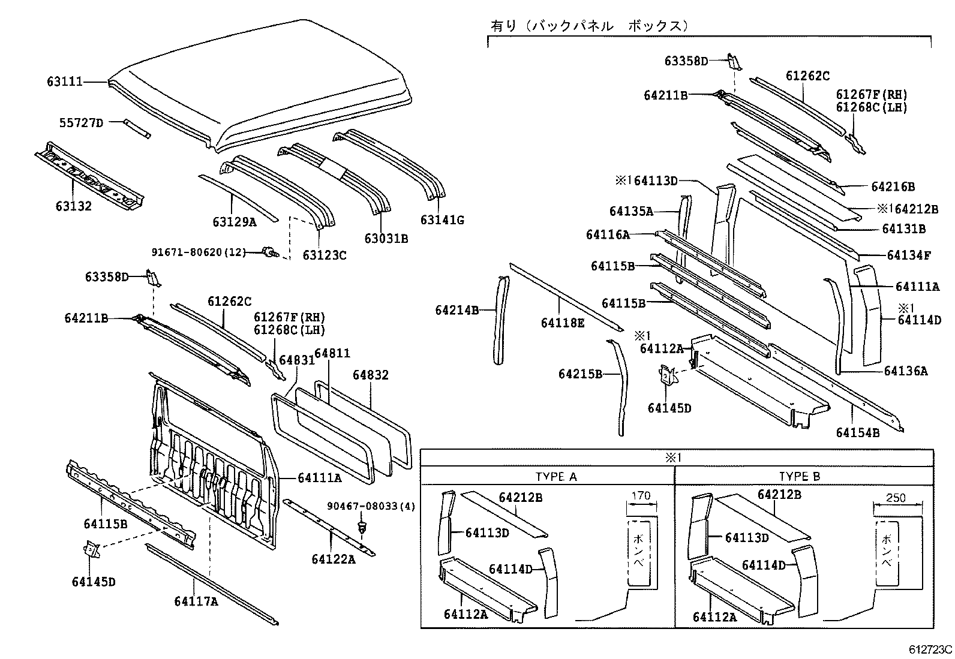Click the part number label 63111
[65, 82]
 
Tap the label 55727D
[81, 123]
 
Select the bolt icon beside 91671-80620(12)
[269, 253]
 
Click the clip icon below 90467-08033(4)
[362, 528]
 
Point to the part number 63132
[74, 206]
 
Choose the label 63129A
[234, 222]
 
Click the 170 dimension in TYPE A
[641, 496]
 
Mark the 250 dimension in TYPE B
[896, 498]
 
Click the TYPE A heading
[555, 477]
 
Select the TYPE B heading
[799, 477]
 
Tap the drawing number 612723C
[930, 649]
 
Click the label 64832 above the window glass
[370, 375]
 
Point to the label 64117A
[196, 601]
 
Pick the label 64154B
[858, 432]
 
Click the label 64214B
[457, 310]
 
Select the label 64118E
[562, 323]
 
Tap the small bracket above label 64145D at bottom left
[91, 549]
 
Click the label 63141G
[442, 220]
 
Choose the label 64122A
[334, 559]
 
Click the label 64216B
[893, 186]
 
